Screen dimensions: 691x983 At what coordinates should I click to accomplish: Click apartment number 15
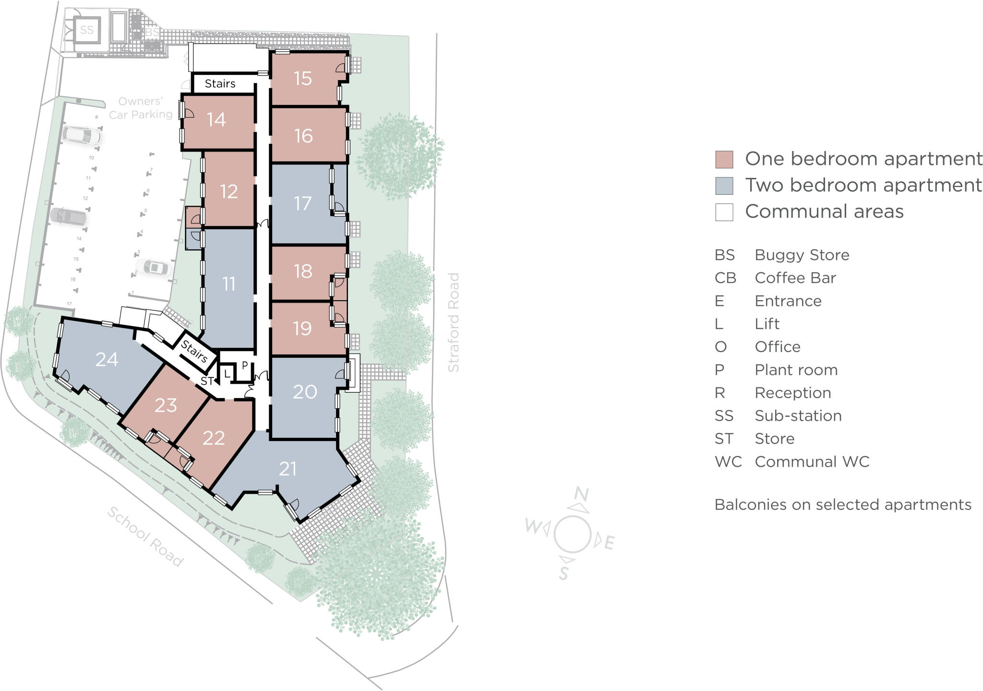coord(303,79)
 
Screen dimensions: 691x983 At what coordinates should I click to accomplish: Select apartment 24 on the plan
coord(107,360)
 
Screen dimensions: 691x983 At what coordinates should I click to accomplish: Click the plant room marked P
coord(244,365)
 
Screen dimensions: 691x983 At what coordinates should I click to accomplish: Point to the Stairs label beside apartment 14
coord(220,84)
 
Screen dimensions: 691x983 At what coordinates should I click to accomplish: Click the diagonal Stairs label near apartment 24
coord(194,351)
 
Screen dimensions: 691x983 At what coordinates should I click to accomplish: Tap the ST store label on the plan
coord(207,382)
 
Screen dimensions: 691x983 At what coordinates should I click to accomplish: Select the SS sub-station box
coord(87,30)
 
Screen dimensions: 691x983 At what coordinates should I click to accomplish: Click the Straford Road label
coord(454,322)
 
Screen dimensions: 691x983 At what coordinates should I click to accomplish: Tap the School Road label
coord(145,537)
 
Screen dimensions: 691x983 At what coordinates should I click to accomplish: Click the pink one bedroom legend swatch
coord(724,160)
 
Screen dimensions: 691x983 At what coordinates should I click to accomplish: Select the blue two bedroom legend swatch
coord(724,186)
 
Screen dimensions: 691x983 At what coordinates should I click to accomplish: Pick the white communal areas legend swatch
coord(724,212)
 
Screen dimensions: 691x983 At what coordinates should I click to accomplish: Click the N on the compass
coord(581,494)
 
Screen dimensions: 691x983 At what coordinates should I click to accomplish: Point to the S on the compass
coord(564,573)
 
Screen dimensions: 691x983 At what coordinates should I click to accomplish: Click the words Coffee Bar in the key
coord(795,278)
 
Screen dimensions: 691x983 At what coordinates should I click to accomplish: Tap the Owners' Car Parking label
coord(140,108)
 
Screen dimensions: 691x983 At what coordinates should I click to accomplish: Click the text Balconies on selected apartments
coord(842,505)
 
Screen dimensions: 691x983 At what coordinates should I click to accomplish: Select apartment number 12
coord(229,192)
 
